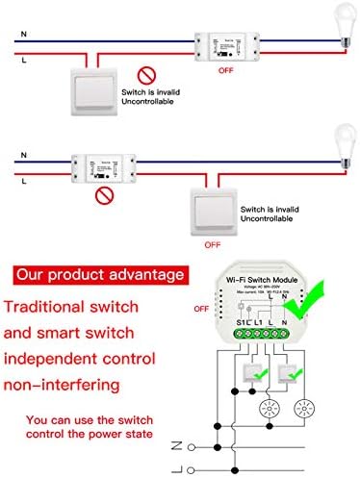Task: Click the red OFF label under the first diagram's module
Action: click(225, 70)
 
